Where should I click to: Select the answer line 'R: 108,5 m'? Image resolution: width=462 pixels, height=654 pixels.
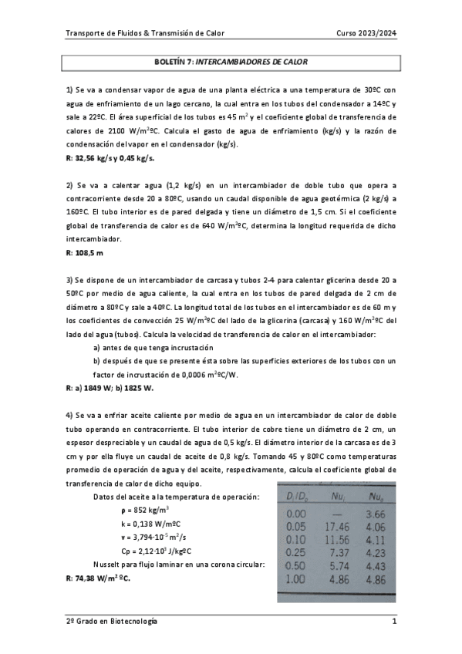(x=85, y=252)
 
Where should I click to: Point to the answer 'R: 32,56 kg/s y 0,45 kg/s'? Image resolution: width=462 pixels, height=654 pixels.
(x=110, y=158)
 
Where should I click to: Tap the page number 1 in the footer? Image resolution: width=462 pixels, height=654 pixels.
(x=393, y=621)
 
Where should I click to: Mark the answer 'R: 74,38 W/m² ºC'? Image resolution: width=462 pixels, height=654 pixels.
(x=98, y=577)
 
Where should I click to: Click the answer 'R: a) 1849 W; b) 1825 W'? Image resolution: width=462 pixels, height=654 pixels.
(x=110, y=388)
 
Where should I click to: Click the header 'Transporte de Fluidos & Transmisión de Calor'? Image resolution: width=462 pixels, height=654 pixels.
(x=145, y=33)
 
